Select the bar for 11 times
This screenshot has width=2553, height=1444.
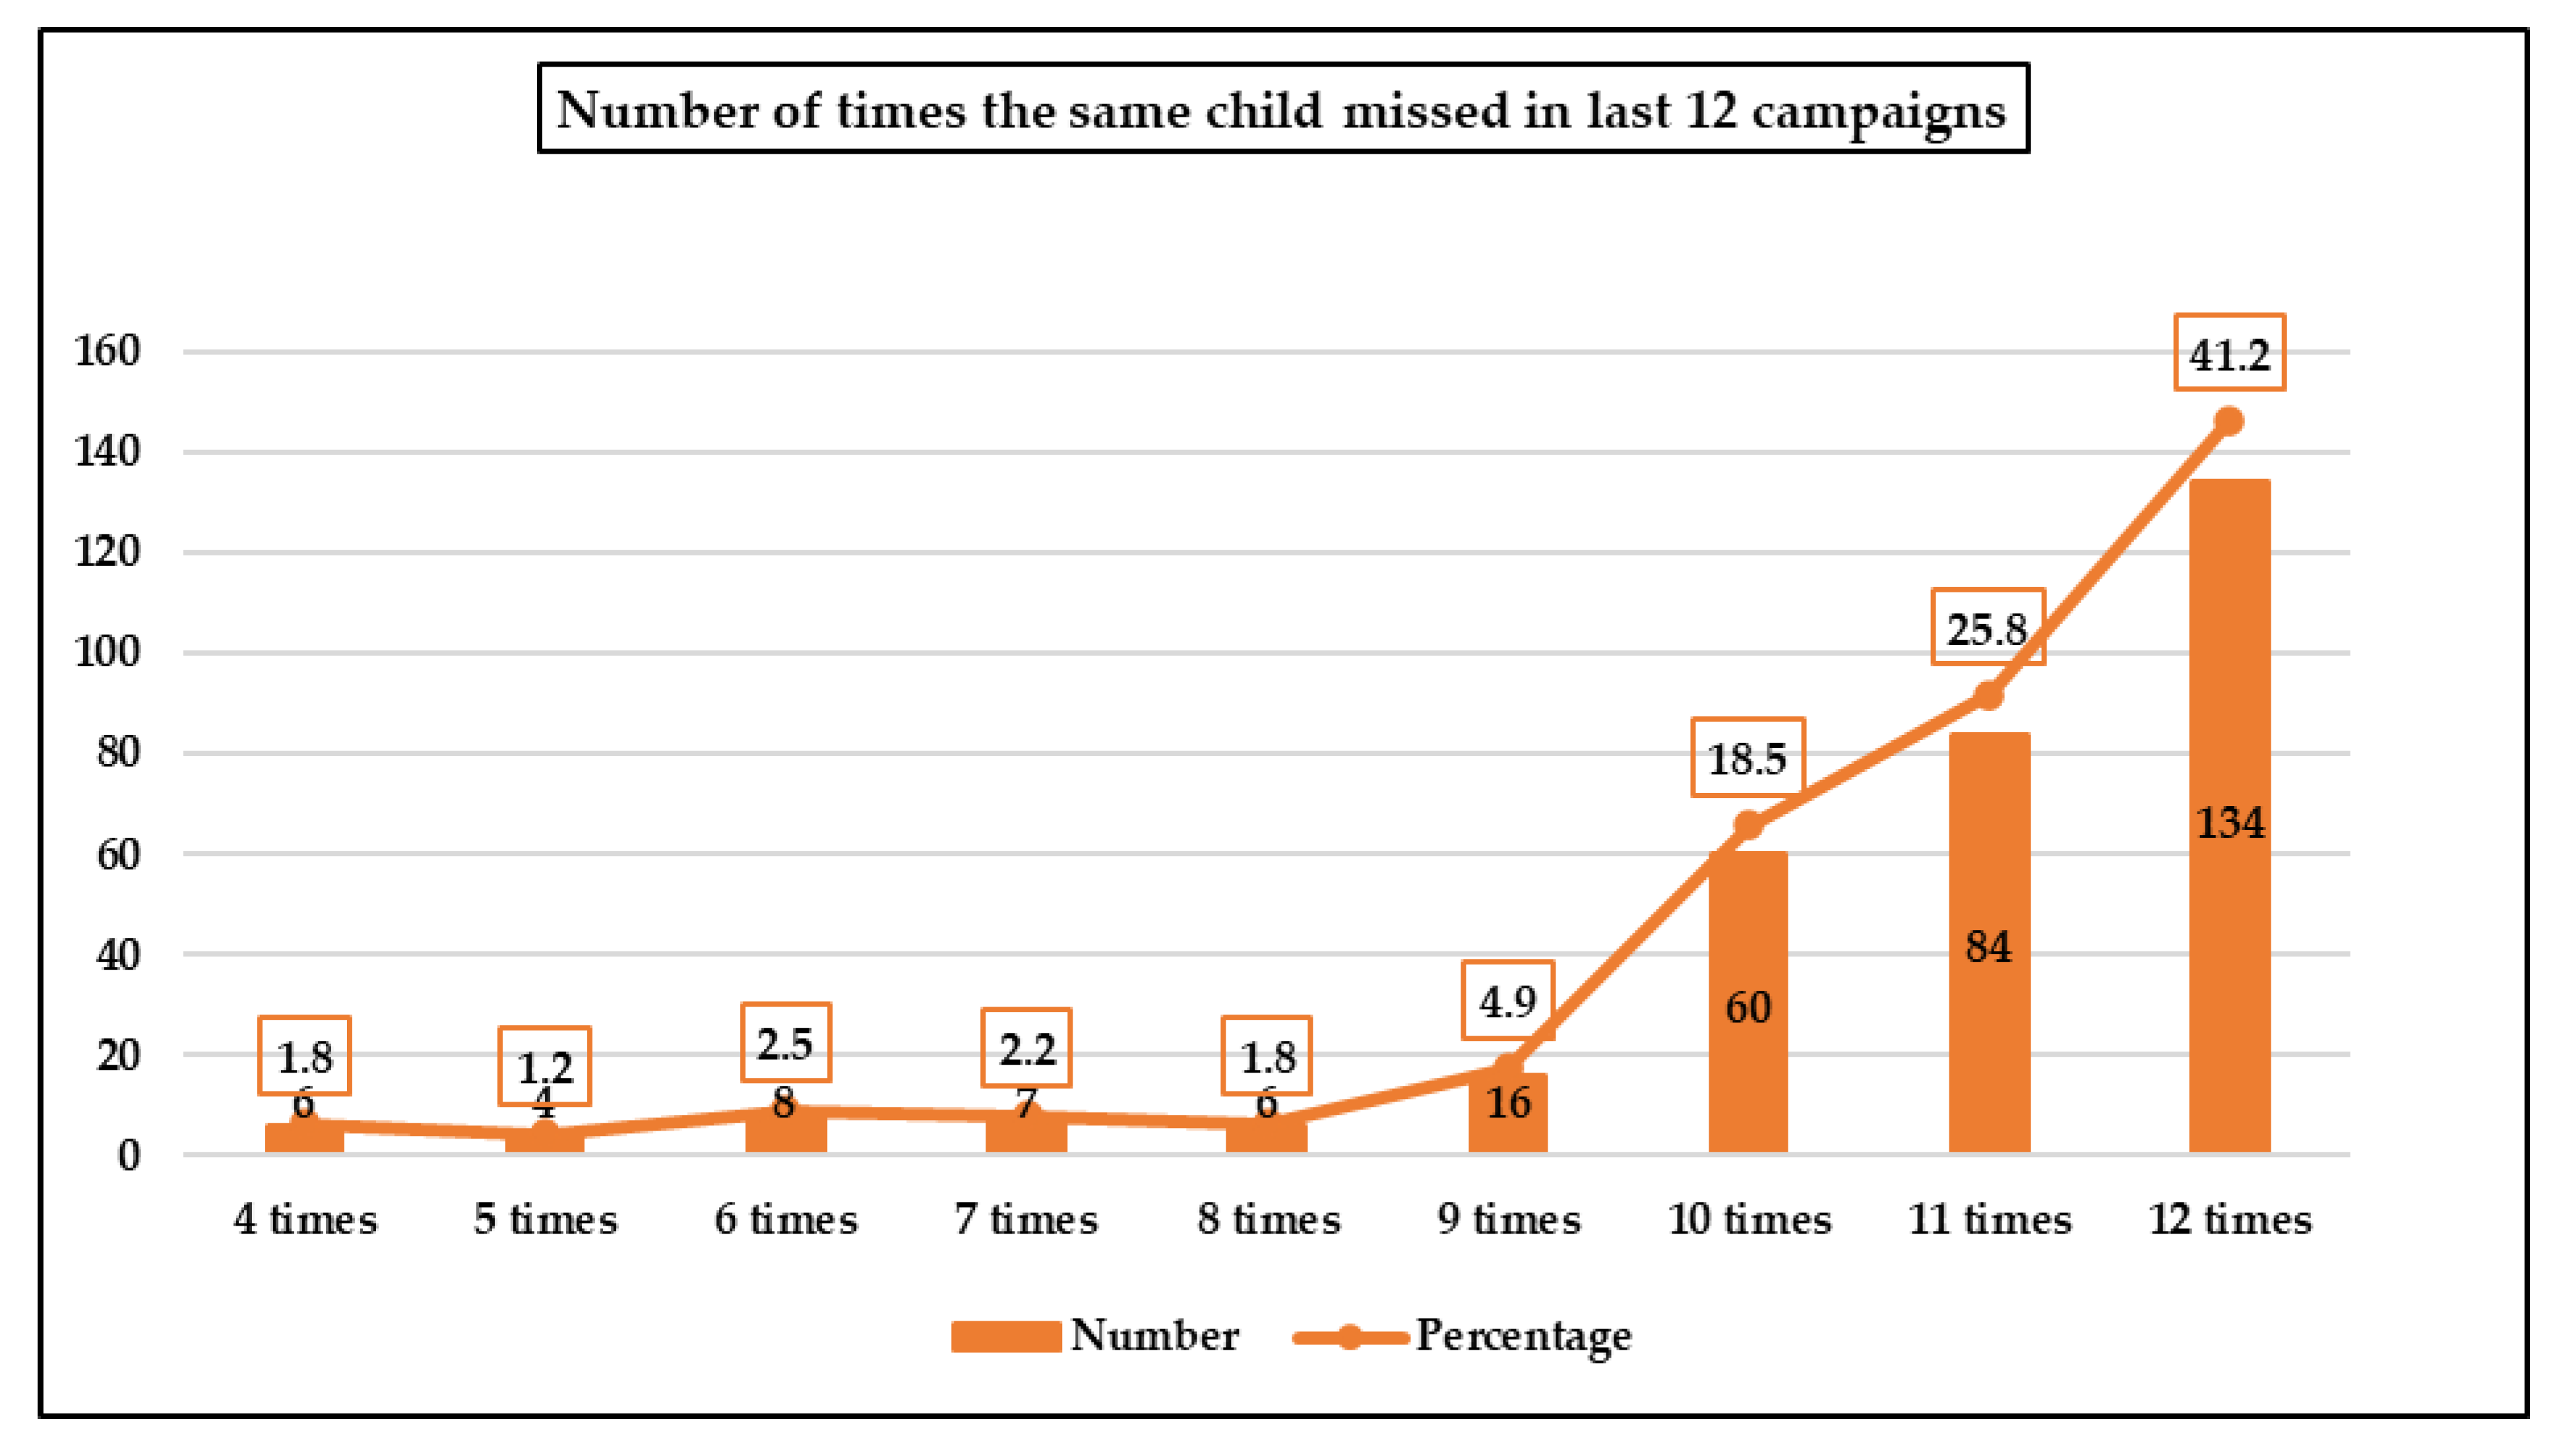[1989, 1042]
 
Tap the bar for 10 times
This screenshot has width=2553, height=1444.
[1748, 1071]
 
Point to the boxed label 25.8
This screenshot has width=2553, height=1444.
[1987, 628]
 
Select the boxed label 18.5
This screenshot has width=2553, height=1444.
[1747, 758]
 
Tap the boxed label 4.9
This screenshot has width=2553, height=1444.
[1507, 1001]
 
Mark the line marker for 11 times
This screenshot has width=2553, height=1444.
[1988, 695]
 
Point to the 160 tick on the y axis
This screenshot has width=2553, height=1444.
[107, 351]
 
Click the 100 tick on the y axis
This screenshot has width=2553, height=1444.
[107, 652]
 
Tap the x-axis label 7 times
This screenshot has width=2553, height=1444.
[1026, 1219]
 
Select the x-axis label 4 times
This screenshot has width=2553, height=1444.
[305, 1219]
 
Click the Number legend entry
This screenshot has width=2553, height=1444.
[1096, 1336]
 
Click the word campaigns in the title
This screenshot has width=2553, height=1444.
[1877, 111]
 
